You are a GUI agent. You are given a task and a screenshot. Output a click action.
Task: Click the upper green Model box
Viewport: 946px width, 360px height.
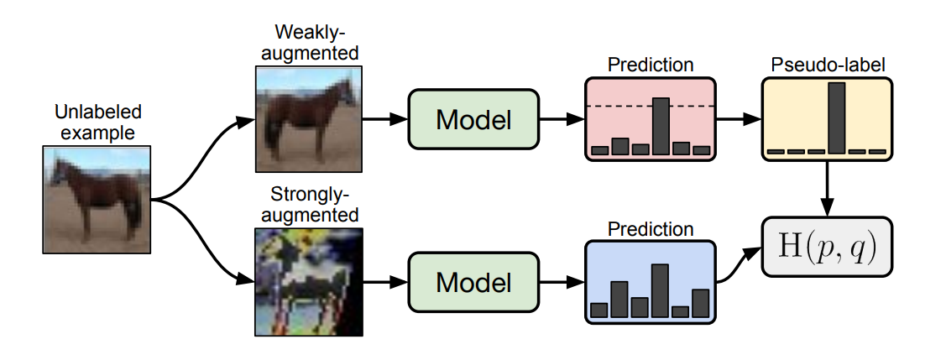(x=473, y=120)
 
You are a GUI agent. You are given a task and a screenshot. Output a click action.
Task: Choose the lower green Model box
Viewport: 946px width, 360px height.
(x=473, y=282)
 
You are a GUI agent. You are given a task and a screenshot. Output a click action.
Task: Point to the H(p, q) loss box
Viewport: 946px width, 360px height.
(x=827, y=247)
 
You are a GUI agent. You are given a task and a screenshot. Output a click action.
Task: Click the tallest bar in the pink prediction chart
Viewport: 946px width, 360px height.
(x=661, y=126)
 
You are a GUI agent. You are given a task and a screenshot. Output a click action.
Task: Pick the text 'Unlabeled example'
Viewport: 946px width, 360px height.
(x=97, y=121)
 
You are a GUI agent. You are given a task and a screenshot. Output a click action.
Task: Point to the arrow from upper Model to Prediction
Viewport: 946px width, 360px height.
(x=561, y=120)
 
